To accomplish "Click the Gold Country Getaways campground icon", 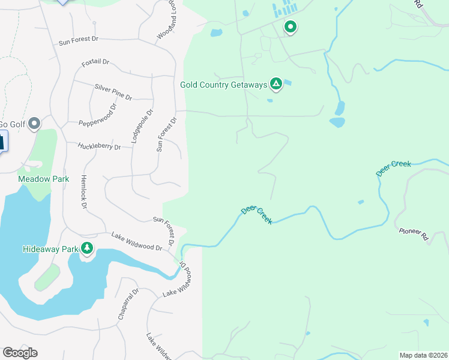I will pos(276,84).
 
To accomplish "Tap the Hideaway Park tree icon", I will pos(87,248).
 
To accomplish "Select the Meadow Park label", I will pos(43,179).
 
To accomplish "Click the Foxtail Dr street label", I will pos(95,62).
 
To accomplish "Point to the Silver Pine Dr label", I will pos(113,92).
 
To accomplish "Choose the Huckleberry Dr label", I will pos(100,146).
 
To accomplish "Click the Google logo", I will pos(20,352).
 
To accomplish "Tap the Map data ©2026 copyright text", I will pos(423,355).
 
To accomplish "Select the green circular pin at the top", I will pos(291,27).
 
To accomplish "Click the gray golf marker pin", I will pos(34,124).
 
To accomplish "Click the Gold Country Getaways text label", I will pos(223,85).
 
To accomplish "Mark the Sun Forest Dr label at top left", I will pos(78,40).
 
